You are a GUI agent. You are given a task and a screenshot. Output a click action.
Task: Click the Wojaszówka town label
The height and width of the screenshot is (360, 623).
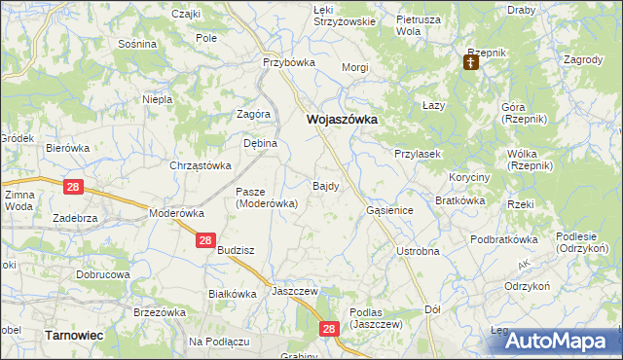[342, 119]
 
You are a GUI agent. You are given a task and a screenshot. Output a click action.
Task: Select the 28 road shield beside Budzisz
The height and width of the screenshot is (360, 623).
[204, 240]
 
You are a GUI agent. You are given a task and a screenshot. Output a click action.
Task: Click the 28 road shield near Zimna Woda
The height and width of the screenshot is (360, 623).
[74, 186]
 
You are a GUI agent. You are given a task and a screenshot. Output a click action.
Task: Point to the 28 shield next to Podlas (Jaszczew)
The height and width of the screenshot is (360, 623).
[328, 331]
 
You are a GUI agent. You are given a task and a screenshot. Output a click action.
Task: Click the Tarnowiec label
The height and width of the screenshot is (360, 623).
[75, 335]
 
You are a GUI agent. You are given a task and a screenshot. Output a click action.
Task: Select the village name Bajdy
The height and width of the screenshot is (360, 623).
[325, 185]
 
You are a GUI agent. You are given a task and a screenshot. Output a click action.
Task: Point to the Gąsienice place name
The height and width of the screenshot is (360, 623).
[390, 210]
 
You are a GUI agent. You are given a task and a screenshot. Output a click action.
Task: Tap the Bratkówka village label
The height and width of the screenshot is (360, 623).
[460, 200]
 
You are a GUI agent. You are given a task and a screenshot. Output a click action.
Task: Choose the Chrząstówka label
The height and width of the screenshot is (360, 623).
[200, 165]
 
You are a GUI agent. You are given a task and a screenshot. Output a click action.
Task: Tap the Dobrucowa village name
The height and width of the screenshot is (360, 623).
[103, 274]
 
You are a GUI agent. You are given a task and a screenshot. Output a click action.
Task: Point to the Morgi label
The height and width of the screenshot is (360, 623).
[354, 68]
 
